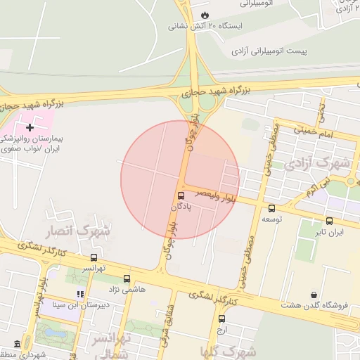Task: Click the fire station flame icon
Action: point(205,14)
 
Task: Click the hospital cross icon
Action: point(30,127)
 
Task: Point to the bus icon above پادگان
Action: point(181,195)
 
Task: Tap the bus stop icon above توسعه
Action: point(271,208)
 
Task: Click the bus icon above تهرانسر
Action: point(94,257)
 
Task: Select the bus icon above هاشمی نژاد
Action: point(127,278)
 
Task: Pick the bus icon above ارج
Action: point(222,319)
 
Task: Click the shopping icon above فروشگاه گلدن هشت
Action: point(313,295)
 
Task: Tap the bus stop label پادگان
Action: point(181,207)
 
